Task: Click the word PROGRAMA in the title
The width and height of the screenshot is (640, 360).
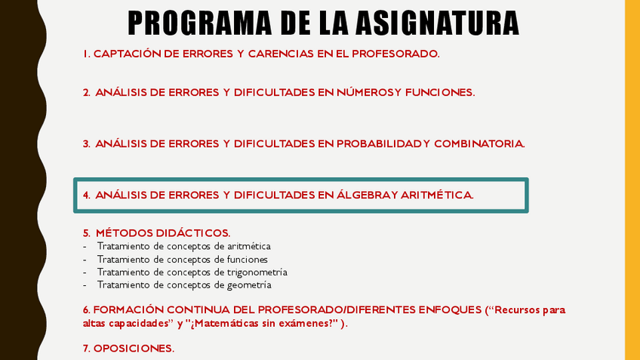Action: coord(199,23)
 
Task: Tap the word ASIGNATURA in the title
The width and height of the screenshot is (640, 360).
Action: coord(437,23)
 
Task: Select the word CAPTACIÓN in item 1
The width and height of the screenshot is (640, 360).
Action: coord(128,54)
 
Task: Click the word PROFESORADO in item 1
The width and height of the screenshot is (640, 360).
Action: coord(395,54)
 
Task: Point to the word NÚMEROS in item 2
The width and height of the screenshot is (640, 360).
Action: coord(365,92)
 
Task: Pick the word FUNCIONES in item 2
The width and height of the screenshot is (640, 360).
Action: coord(440,93)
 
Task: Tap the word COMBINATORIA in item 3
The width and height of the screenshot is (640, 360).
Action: coord(479,144)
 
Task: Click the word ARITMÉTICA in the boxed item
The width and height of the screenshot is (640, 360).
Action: coord(437,195)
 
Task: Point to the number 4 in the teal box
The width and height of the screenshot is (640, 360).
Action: coord(86,195)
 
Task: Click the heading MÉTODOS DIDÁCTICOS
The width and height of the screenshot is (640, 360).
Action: coord(163,233)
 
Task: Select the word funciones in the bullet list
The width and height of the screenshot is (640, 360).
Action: coord(248,260)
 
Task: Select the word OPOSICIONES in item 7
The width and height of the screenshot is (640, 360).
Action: coord(134,349)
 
